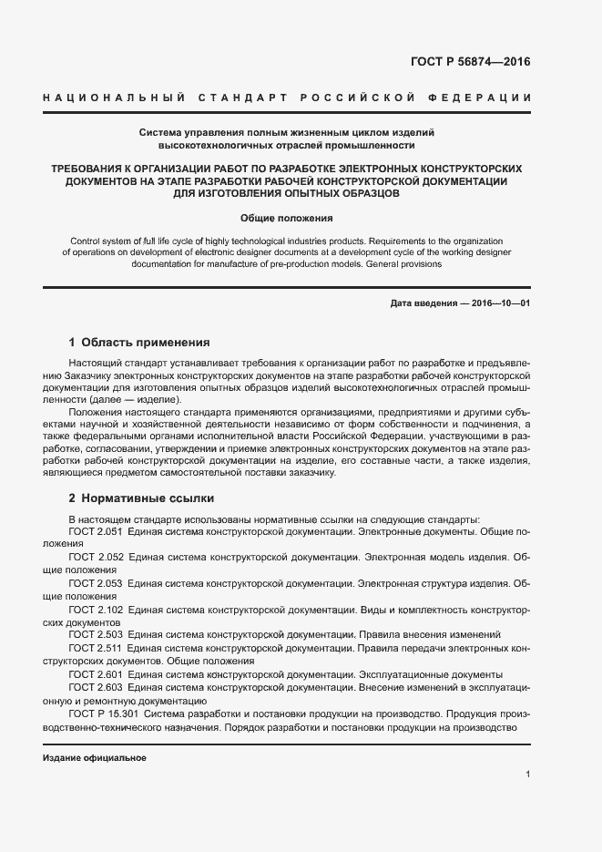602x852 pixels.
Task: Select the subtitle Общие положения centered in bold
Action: pos(287,219)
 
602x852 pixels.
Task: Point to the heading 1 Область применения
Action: pos(139,344)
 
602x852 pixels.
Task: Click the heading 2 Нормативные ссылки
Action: pos(141,499)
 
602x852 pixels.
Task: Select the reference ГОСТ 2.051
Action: pos(96,530)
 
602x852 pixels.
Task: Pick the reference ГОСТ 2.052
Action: pos(96,556)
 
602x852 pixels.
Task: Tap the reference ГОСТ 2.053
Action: pos(96,582)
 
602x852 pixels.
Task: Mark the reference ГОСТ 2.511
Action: pos(96,648)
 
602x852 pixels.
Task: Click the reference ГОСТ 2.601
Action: pos(96,674)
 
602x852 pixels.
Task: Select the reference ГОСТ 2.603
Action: pos(96,688)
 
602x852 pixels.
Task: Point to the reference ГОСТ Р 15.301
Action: pos(103,714)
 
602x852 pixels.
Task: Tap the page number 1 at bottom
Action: pos(527,775)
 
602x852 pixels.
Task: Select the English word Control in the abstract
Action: pos(87,241)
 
